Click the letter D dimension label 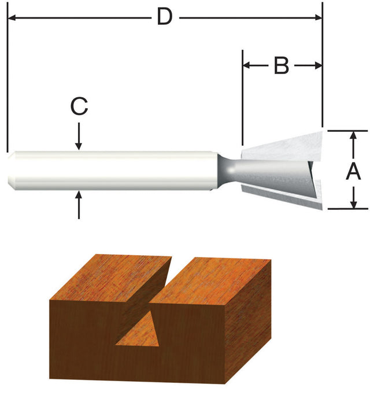click(165, 17)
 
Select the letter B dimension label click(281, 65)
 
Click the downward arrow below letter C click(79, 145)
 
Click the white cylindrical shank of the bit click(116, 171)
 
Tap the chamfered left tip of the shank click(12, 171)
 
